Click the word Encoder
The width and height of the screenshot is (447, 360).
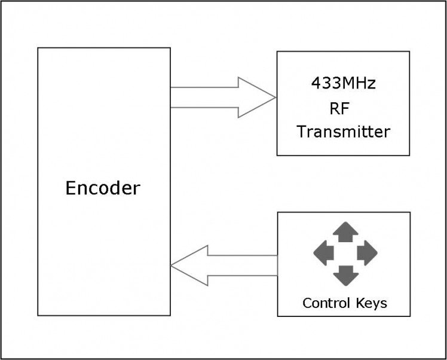coord(103,188)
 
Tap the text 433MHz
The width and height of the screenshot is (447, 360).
coord(343,83)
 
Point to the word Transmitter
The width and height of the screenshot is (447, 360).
coord(343,132)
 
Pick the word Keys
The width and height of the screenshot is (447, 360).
coord(372,303)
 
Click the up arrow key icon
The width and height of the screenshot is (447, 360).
coord(345,231)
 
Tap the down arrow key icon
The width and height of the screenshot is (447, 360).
coord(345,276)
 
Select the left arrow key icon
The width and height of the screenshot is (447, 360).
coord(323,254)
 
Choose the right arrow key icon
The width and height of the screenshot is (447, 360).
coord(367,254)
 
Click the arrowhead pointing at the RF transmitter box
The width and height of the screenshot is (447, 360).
coord(257,97)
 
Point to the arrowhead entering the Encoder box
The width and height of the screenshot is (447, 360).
coord(189,266)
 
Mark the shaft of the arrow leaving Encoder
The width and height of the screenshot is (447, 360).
coord(204,97)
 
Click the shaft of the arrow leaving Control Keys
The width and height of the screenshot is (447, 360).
coord(243,266)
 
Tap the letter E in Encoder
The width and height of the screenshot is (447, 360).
coord(71,188)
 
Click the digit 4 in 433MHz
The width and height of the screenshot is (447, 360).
coord(316,83)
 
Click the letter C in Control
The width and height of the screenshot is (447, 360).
coord(307,303)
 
